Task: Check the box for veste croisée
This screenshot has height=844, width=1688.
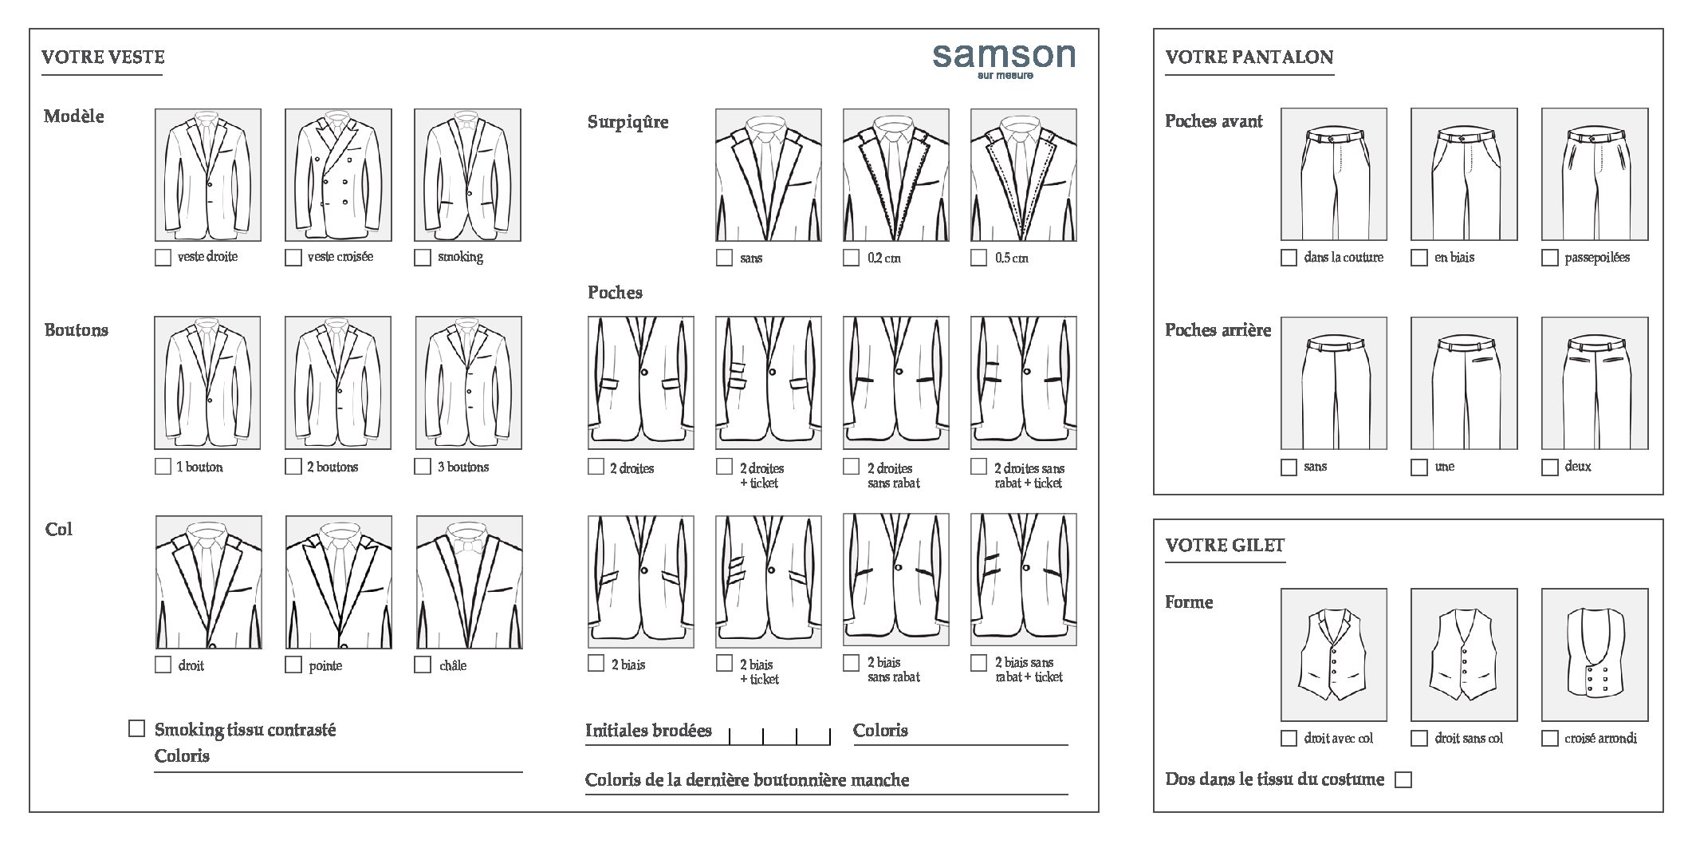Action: tap(293, 258)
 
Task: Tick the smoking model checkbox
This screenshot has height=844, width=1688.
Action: tap(423, 258)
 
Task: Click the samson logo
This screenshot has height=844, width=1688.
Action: tap(1004, 61)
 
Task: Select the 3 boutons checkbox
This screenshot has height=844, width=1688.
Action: tap(423, 466)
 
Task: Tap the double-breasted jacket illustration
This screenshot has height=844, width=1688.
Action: tap(338, 175)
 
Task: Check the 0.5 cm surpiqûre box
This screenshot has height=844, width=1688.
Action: tap(978, 258)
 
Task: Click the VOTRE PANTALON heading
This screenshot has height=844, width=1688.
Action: tap(1249, 57)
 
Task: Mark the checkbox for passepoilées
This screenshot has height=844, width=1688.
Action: tap(1549, 258)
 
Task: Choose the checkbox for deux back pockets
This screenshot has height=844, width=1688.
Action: tap(1549, 467)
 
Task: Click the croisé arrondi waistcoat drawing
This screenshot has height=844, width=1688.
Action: tap(1595, 655)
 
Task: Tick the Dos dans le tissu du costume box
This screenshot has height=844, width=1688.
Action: tap(1403, 779)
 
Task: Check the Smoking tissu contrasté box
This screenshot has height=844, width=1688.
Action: tap(137, 728)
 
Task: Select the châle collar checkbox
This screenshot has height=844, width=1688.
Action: tap(423, 665)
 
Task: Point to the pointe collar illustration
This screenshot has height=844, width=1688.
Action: tap(339, 582)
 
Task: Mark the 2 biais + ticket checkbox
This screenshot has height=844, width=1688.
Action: tap(724, 663)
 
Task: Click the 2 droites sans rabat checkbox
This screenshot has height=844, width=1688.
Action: tap(852, 466)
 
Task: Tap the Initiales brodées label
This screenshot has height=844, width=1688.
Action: tap(648, 730)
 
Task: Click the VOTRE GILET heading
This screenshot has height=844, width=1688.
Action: tap(1225, 545)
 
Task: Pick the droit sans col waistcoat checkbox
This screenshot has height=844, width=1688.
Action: tap(1419, 738)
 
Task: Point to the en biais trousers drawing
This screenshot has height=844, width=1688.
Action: tap(1464, 174)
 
